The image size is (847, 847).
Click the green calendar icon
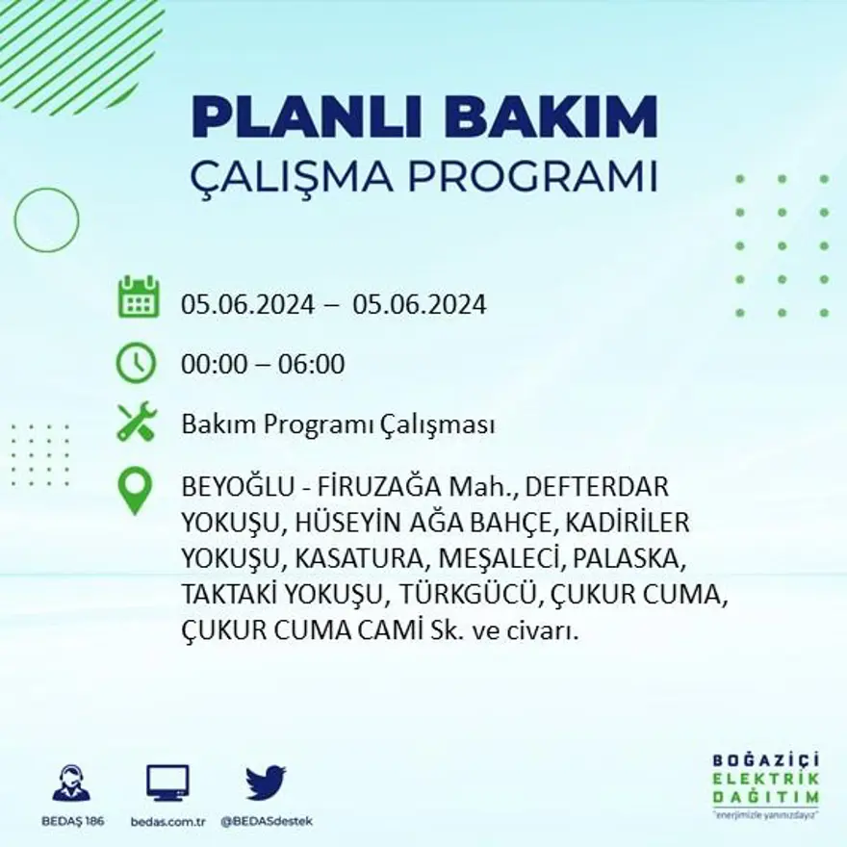click(138, 297)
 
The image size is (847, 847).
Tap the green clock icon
click(136, 363)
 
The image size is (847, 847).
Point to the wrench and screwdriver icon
click(136, 422)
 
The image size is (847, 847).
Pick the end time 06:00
click(312, 365)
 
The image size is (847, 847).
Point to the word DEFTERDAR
click(597, 486)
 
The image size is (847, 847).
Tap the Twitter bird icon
click(266, 783)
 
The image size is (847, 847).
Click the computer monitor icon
click(167, 783)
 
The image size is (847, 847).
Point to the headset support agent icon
click(71, 783)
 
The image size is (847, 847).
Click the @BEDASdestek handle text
click(266, 821)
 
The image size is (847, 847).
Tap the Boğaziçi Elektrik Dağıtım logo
click(765, 784)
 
